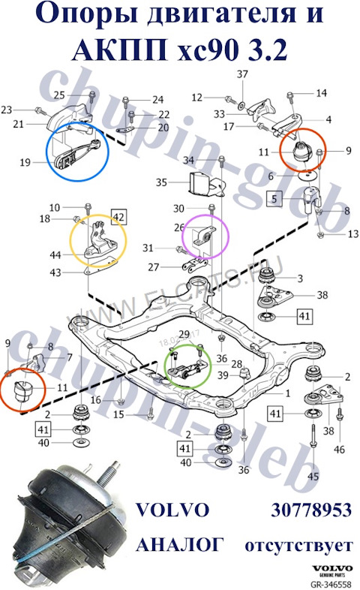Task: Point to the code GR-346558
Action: click(x=331, y=583)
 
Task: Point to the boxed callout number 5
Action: click(x=275, y=199)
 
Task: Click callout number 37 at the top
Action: click(x=241, y=74)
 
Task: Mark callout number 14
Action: click(x=322, y=93)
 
